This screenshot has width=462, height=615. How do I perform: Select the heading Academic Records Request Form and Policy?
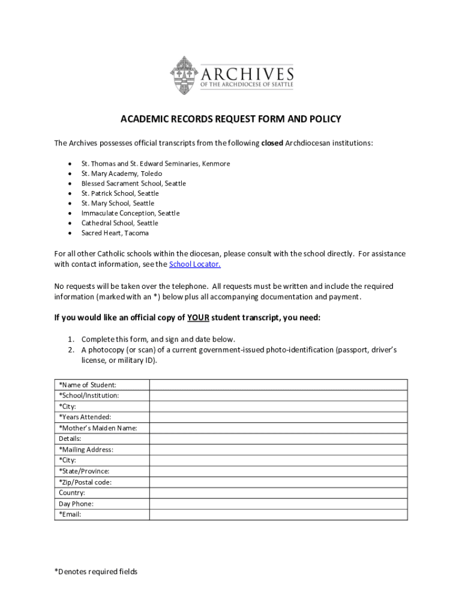click(231, 119)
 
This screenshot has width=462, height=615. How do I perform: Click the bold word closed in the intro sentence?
click(272, 143)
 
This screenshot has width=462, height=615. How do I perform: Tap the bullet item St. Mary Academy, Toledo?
click(122, 174)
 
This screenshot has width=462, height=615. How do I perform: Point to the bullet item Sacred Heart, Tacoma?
click(115, 233)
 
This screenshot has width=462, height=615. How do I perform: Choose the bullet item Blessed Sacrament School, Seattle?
click(134, 183)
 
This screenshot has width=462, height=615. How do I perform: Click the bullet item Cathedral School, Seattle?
click(120, 223)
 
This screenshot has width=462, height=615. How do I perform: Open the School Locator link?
click(195, 264)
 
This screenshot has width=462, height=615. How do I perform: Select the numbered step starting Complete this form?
click(158, 339)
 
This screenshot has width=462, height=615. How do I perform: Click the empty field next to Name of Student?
click(278, 385)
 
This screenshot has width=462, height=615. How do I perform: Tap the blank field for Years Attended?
click(278, 417)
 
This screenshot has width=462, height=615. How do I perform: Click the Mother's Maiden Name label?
click(98, 428)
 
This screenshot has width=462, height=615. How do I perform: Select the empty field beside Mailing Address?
click(278, 449)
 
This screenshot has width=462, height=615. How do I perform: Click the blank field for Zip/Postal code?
click(278, 482)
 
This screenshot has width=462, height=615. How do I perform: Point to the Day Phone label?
click(76, 504)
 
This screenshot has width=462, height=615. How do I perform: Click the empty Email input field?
click(278, 514)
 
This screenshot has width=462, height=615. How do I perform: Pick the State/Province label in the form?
click(84, 471)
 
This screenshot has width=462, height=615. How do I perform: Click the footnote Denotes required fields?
click(96, 571)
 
